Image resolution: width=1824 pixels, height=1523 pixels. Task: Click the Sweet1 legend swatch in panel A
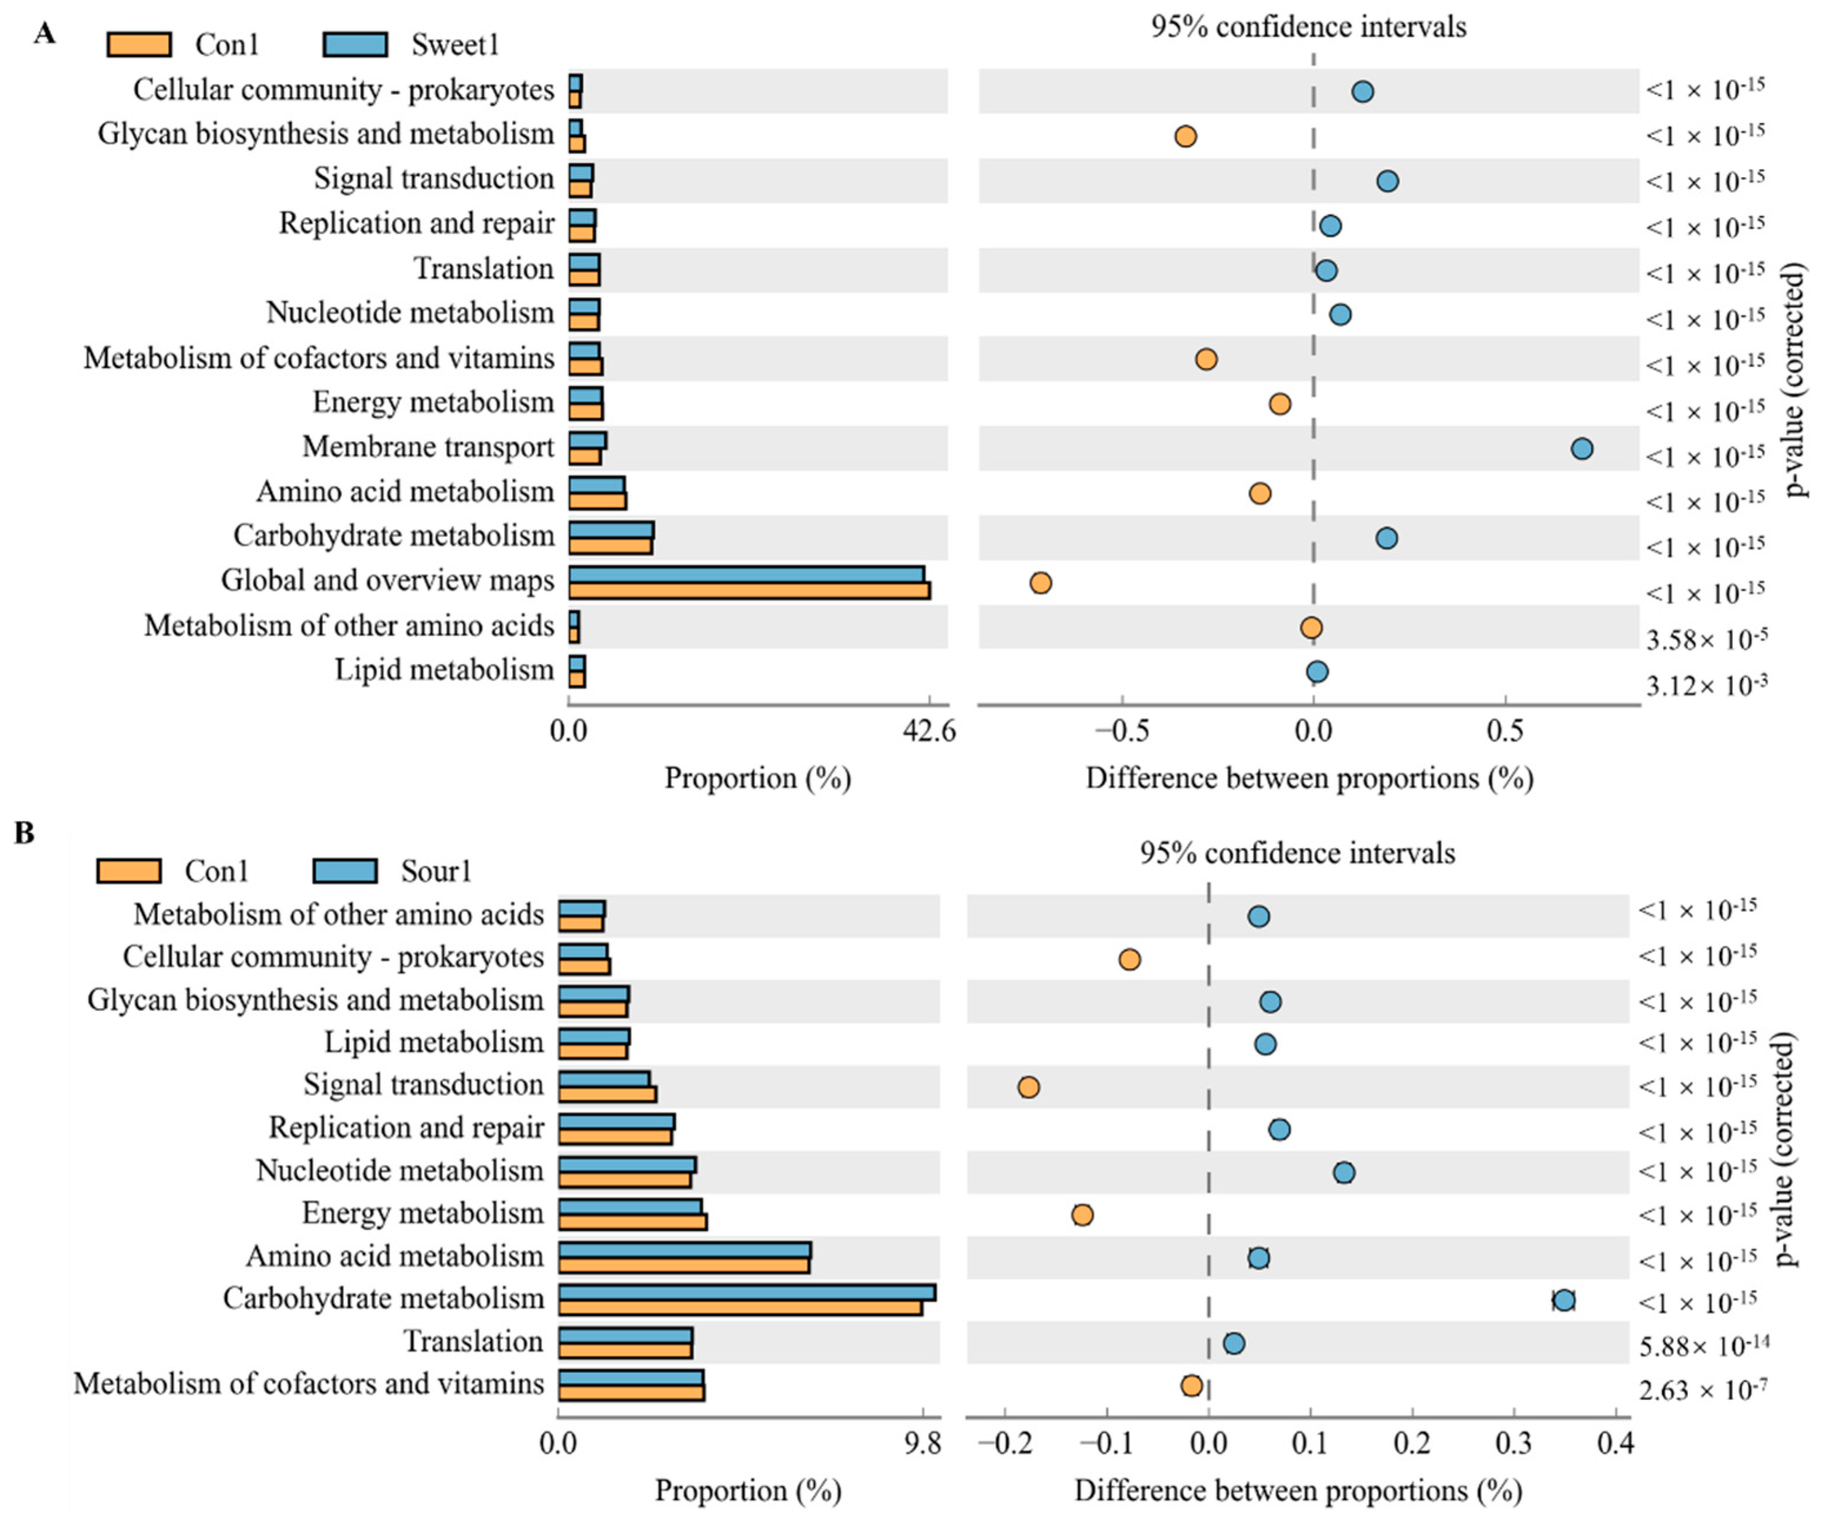355,44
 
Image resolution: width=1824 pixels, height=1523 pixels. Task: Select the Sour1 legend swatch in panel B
345,870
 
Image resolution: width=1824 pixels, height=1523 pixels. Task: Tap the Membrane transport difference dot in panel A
1581,448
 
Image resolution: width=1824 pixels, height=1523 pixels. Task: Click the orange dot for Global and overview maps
1040,582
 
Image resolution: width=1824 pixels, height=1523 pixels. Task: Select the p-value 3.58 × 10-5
1706,640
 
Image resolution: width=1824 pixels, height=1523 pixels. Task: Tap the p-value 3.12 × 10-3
1706,686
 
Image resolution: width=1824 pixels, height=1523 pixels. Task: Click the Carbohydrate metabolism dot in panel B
1563,1300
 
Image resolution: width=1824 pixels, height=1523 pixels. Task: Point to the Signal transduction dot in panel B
1029,1087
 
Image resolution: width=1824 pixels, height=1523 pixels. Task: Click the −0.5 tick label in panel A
1122,731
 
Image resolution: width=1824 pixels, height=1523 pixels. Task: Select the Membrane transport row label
427,446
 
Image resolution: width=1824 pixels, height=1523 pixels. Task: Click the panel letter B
24,832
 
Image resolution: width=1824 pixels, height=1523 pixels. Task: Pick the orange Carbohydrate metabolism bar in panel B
740,1307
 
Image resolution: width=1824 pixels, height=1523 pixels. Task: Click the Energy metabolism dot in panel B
1082,1214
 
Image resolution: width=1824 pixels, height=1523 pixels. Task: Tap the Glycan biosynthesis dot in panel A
1186,137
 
